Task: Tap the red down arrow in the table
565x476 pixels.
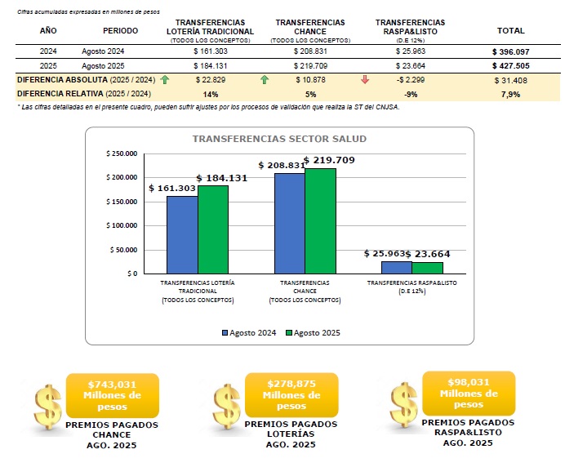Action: tap(365, 80)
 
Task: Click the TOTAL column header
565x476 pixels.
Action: tap(511, 30)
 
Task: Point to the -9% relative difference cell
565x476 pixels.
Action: tap(412, 94)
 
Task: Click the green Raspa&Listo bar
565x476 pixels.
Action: tap(427, 268)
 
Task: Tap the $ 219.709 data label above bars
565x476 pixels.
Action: tap(329, 160)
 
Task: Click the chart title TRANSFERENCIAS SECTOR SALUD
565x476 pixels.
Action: tap(279, 140)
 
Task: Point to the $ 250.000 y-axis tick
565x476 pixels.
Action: tap(122, 154)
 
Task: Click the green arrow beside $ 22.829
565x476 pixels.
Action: tap(165, 80)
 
